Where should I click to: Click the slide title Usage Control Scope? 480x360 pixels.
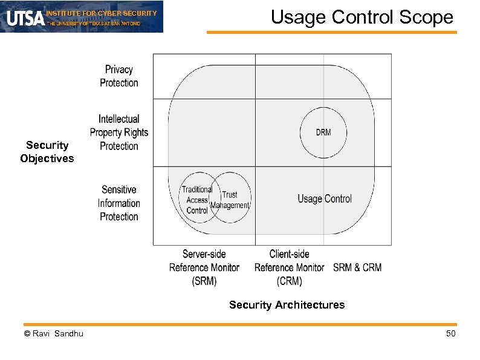362,17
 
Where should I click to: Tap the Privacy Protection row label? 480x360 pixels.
119,76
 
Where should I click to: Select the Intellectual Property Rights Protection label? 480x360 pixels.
119,133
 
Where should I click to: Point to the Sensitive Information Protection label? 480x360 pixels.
119,203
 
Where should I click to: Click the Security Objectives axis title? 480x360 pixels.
47,152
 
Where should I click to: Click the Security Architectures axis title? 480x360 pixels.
287,305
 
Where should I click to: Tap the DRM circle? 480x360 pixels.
323,133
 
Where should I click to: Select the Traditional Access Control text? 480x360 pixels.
197,200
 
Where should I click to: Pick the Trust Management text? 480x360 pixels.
230,200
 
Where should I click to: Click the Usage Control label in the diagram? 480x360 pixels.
324,199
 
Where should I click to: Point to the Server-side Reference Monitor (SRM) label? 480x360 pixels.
204,267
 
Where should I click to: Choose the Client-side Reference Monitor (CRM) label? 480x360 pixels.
289,267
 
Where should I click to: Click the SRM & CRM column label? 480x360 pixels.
357,267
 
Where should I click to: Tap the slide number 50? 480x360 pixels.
450,334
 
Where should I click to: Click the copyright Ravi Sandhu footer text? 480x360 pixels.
53,334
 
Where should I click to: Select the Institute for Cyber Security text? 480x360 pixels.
102,13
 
